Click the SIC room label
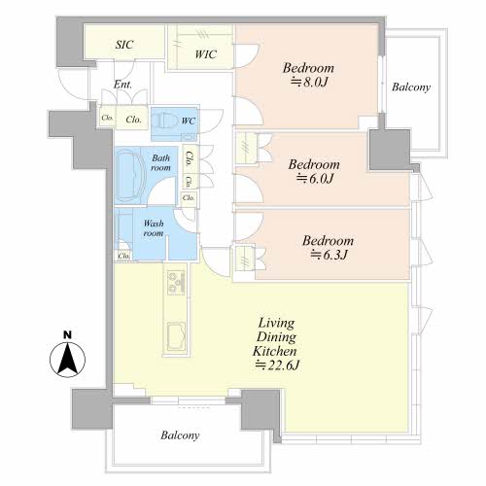click(124, 45)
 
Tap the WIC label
click(205, 54)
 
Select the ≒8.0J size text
click(309, 82)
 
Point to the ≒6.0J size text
click(315, 179)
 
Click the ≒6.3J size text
click(330, 255)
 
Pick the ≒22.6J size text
click(277, 365)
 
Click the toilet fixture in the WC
click(165, 121)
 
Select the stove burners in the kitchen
click(176, 283)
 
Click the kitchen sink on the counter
click(177, 336)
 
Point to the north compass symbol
click(67, 360)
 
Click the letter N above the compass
click(67, 334)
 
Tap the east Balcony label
click(411, 87)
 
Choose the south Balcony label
click(180, 435)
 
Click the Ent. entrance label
click(122, 85)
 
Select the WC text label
click(189, 121)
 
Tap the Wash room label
click(154, 228)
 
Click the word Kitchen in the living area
click(275, 351)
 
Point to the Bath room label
click(160, 162)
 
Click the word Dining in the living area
click(276, 337)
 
